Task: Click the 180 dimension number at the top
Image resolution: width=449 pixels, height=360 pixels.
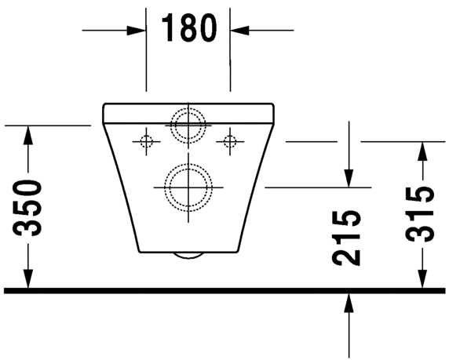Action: click(188, 28)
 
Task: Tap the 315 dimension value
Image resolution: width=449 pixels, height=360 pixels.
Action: click(423, 214)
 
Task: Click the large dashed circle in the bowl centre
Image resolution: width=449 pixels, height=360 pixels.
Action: click(188, 187)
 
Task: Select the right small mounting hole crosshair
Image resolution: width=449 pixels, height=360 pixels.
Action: click(230, 141)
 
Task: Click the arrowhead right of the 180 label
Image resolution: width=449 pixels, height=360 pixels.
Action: click(238, 31)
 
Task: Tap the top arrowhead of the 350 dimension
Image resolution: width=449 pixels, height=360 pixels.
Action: click(28, 133)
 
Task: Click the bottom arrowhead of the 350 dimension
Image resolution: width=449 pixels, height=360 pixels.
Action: click(28, 282)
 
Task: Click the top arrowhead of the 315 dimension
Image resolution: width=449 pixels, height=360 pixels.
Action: click(423, 150)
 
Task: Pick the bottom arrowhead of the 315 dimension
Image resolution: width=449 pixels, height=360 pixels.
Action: click(423, 282)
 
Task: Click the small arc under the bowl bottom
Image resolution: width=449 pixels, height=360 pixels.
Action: click(188, 256)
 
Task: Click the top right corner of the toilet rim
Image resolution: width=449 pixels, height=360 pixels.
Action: click(274, 104)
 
